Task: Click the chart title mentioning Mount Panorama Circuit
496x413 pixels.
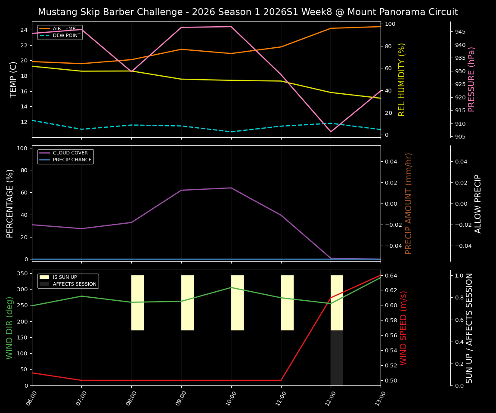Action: pos(248,12)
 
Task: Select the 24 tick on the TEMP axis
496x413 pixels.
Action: pos(24,30)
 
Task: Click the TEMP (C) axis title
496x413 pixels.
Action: pos(13,79)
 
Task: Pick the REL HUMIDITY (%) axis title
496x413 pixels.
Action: pos(402,79)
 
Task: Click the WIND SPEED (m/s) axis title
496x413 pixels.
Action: pos(403,327)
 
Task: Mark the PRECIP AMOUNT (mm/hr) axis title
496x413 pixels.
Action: pos(409,203)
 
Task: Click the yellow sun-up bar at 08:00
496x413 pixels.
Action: pos(137,303)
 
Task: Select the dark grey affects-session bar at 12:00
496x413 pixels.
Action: pos(337,358)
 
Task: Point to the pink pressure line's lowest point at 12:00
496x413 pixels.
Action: pos(331,132)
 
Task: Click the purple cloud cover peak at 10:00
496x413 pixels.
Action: pos(231,188)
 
